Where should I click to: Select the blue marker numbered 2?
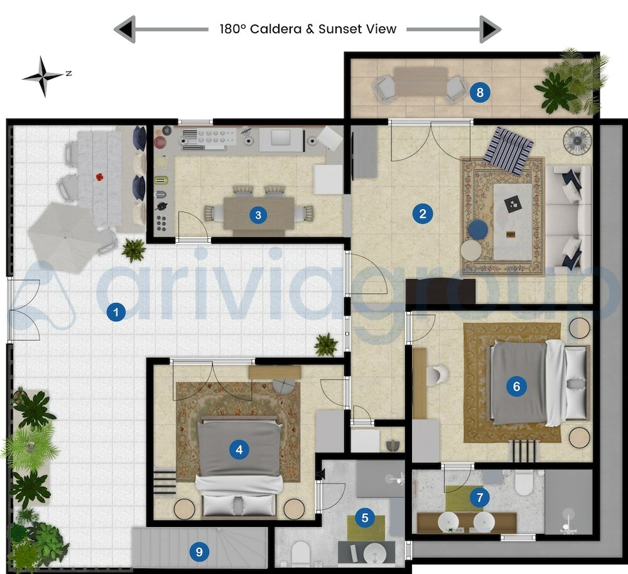(x=423, y=214)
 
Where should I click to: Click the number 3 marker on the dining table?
(x=257, y=215)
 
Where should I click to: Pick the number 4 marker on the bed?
(x=239, y=449)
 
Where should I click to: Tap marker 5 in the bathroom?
(x=365, y=518)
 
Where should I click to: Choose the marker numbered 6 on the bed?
(x=516, y=386)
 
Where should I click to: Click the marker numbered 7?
(x=480, y=498)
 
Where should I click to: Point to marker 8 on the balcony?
(x=480, y=93)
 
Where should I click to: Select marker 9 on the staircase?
(x=199, y=552)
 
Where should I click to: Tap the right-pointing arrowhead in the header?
(x=490, y=29)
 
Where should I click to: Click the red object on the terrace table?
(x=99, y=178)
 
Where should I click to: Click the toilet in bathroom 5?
(x=301, y=554)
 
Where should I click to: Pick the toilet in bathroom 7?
(x=523, y=483)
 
